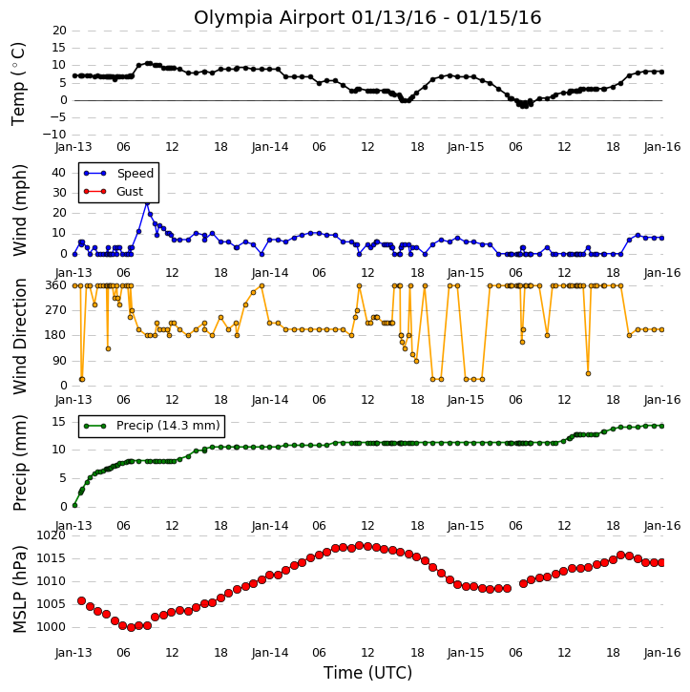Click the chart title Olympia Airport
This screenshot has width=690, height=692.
click(x=270, y=18)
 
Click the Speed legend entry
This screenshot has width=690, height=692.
click(x=118, y=174)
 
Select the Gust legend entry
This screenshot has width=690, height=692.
click(x=114, y=192)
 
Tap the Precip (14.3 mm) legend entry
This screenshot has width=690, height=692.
click(x=152, y=426)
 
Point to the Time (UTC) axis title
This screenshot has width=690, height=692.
click(x=367, y=673)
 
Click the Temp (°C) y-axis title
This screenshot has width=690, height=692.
click(x=18, y=84)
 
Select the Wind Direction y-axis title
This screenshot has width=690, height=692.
click(x=20, y=336)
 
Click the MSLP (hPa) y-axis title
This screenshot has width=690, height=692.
click(x=20, y=589)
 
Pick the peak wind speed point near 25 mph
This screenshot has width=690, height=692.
click(x=147, y=202)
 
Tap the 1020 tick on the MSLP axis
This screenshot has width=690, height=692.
click(x=51, y=535)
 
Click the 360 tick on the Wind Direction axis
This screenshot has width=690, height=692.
click(x=56, y=285)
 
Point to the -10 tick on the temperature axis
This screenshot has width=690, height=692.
click(x=53, y=135)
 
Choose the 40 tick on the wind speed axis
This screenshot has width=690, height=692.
click(x=58, y=173)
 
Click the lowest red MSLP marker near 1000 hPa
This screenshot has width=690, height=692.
click(x=131, y=627)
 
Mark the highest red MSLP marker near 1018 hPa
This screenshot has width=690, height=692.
click(x=359, y=545)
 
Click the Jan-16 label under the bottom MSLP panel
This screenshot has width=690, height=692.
click(x=662, y=653)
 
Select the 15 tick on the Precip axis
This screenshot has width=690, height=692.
click(x=58, y=422)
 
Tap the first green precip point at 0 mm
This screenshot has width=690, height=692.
click(x=74, y=505)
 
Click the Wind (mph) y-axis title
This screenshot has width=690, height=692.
click(x=20, y=210)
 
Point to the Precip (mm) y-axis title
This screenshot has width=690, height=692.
click(x=20, y=463)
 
